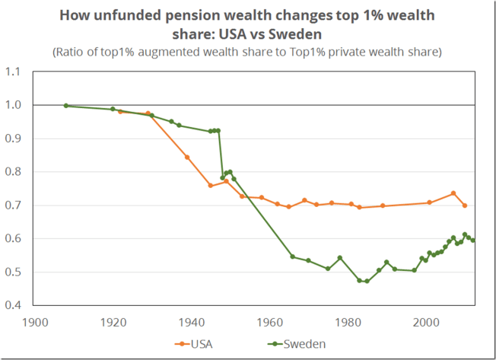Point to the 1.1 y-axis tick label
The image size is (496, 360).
click(x=15, y=72)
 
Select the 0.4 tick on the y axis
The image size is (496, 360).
click(x=15, y=306)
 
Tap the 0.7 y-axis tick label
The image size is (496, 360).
click(x=15, y=205)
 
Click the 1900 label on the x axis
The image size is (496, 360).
click(x=35, y=322)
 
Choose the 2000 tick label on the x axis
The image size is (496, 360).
click(x=425, y=322)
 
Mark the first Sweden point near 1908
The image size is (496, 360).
click(x=66, y=106)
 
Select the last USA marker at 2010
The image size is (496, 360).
click(x=465, y=205)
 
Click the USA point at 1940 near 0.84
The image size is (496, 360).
click(x=187, y=158)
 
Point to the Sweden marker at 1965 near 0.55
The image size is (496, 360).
click(x=292, y=256)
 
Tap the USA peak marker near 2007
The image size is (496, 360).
click(x=453, y=193)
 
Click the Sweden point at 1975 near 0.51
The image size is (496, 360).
click(x=328, y=269)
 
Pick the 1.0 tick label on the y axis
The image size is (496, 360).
click(x=15, y=105)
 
